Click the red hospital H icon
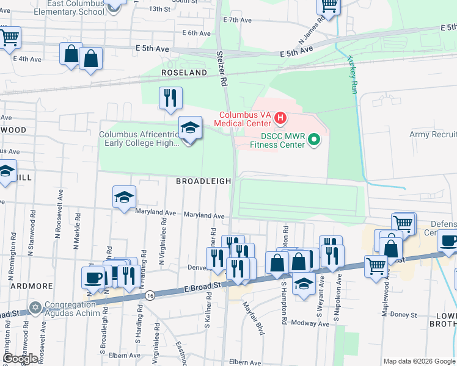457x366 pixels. coord(280,117)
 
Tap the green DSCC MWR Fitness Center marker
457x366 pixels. coord(314,140)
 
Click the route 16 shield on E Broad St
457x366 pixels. coord(150,295)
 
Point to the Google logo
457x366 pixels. coord(20,359)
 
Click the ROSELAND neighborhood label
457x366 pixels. coord(184,73)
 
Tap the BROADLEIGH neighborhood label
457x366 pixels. coord(203,181)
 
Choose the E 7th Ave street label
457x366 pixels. coord(238,20)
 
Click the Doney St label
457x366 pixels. coord(404,315)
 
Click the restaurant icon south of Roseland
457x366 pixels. coord(170,98)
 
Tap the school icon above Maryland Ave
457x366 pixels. coord(124,197)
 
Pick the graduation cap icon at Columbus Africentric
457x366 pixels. coord(191,127)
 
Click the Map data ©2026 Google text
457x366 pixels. coord(419,361)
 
